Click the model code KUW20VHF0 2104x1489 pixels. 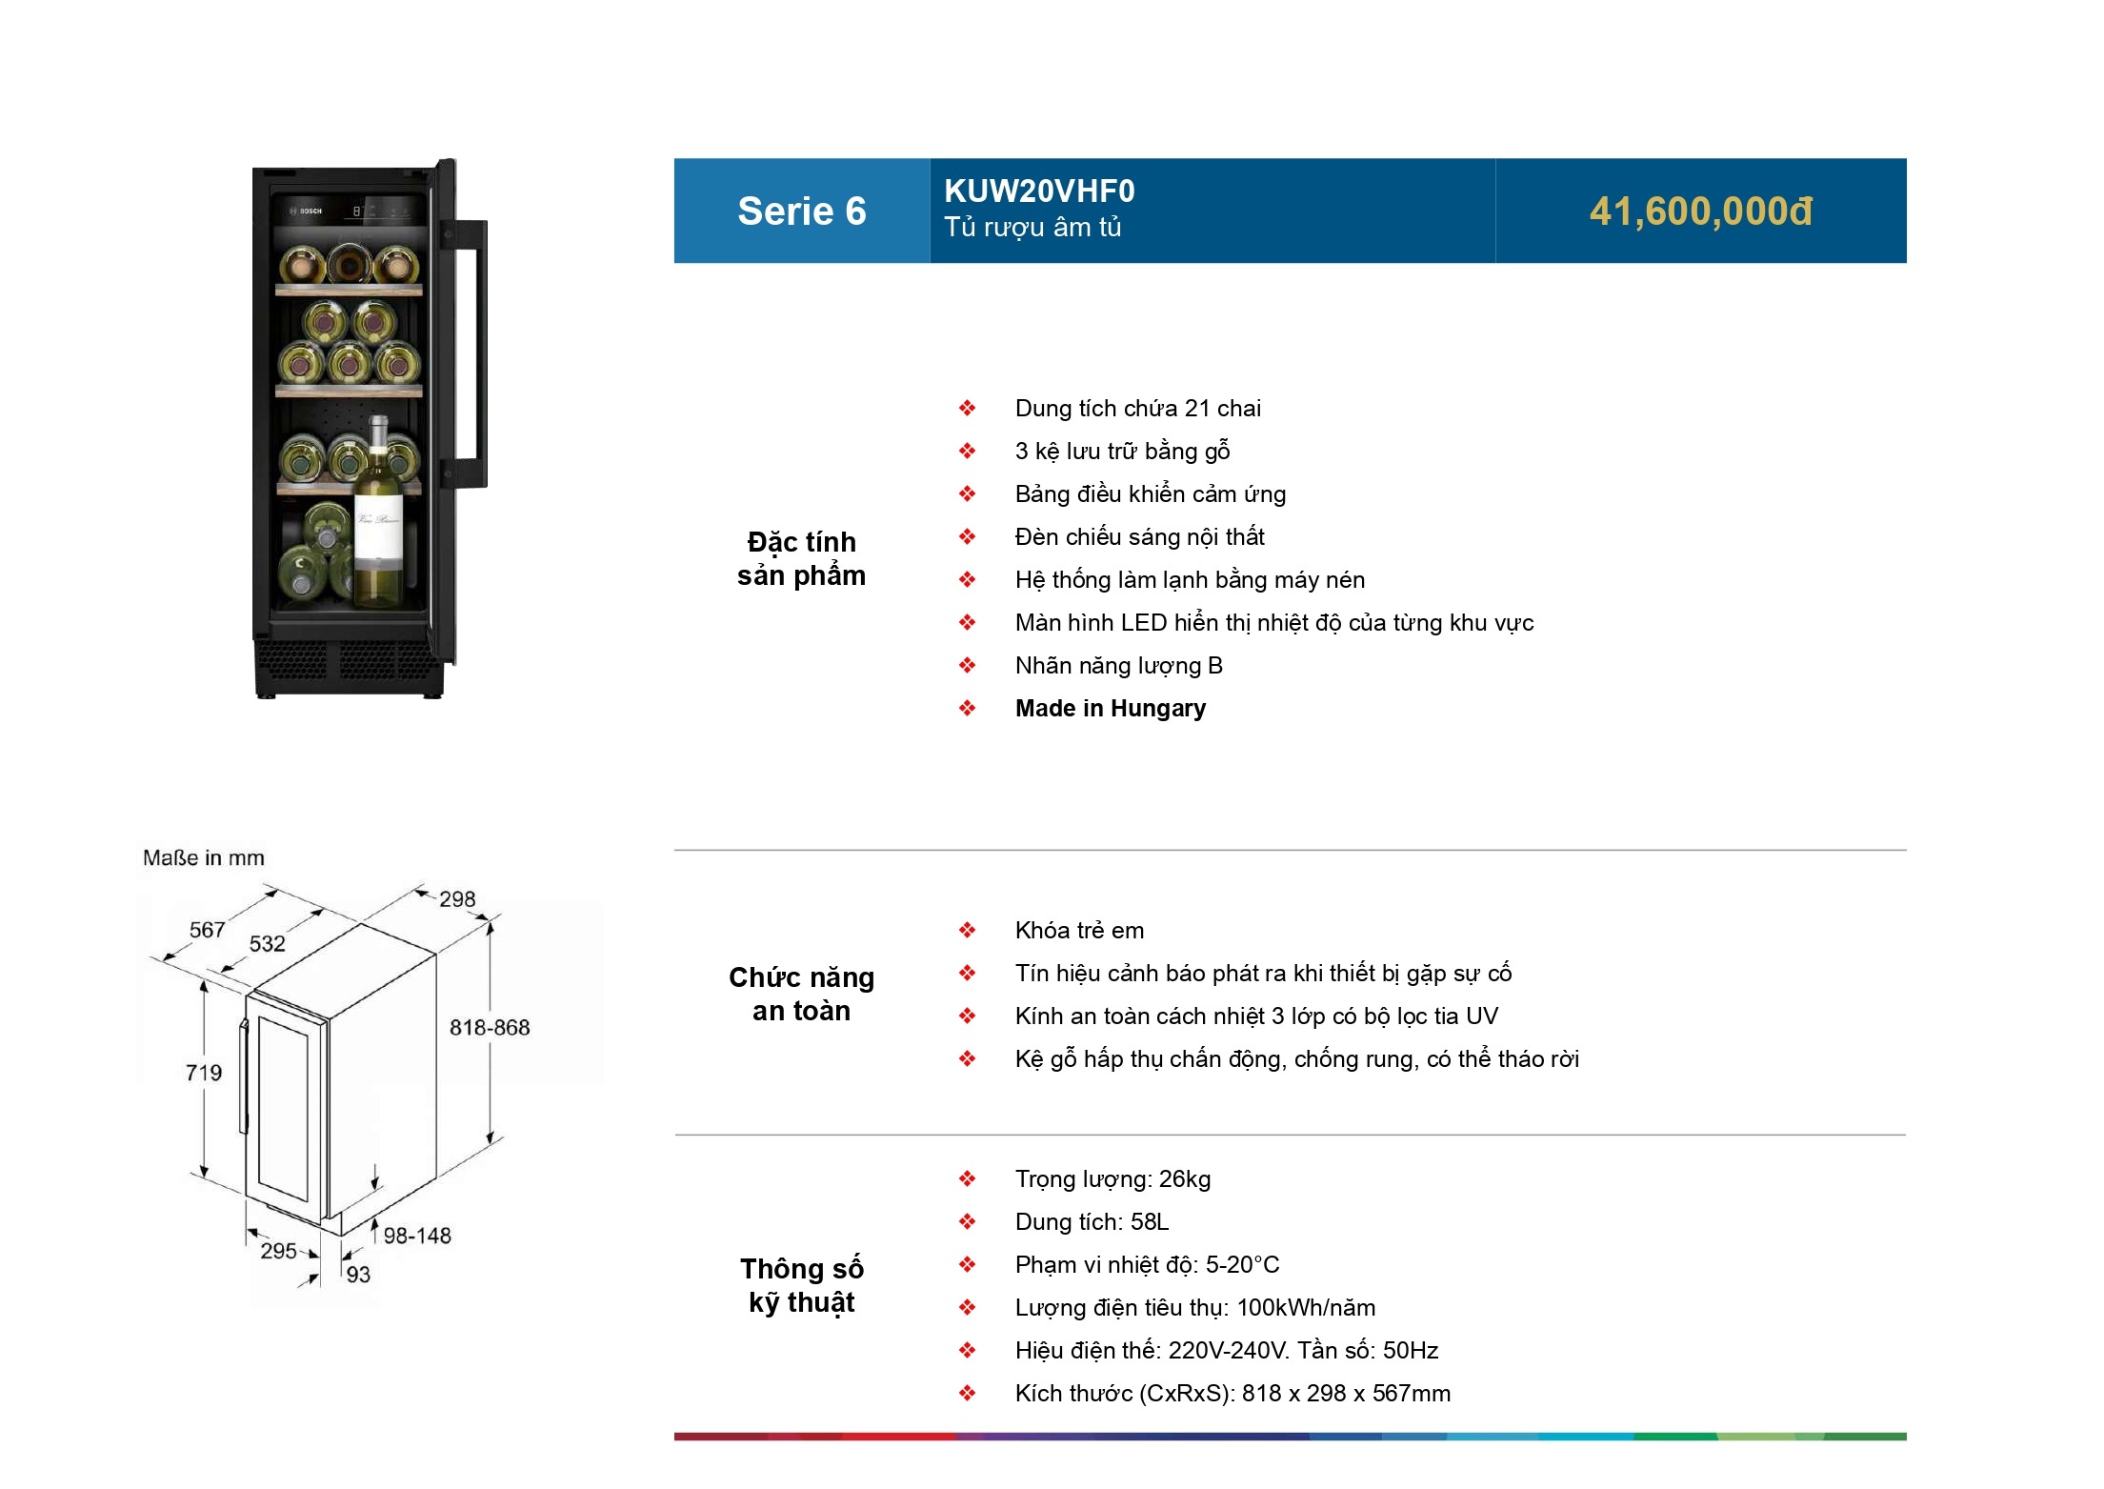point(1039,191)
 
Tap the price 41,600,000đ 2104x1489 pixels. point(1700,211)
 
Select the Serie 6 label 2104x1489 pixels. point(802,211)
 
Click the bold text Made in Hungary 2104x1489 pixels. point(1110,709)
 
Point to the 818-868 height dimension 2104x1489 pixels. point(490,1028)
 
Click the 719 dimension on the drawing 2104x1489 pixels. point(204,1073)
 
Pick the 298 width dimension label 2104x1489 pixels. point(457,899)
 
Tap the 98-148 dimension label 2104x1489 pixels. point(417,1236)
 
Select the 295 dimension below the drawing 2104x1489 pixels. point(278,1251)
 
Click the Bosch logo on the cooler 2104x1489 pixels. point(308,211)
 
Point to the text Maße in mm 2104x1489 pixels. point(204,858)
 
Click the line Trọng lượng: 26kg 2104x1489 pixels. point(1112,1179)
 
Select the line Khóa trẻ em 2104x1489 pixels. point(1079,931)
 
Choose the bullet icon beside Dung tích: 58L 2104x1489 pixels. point(967,1222)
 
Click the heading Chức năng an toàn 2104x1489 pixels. point(801,994)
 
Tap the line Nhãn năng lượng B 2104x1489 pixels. point(1118,666)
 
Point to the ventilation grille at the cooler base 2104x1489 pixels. point(348,659)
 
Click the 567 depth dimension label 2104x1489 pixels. point(207,930)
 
